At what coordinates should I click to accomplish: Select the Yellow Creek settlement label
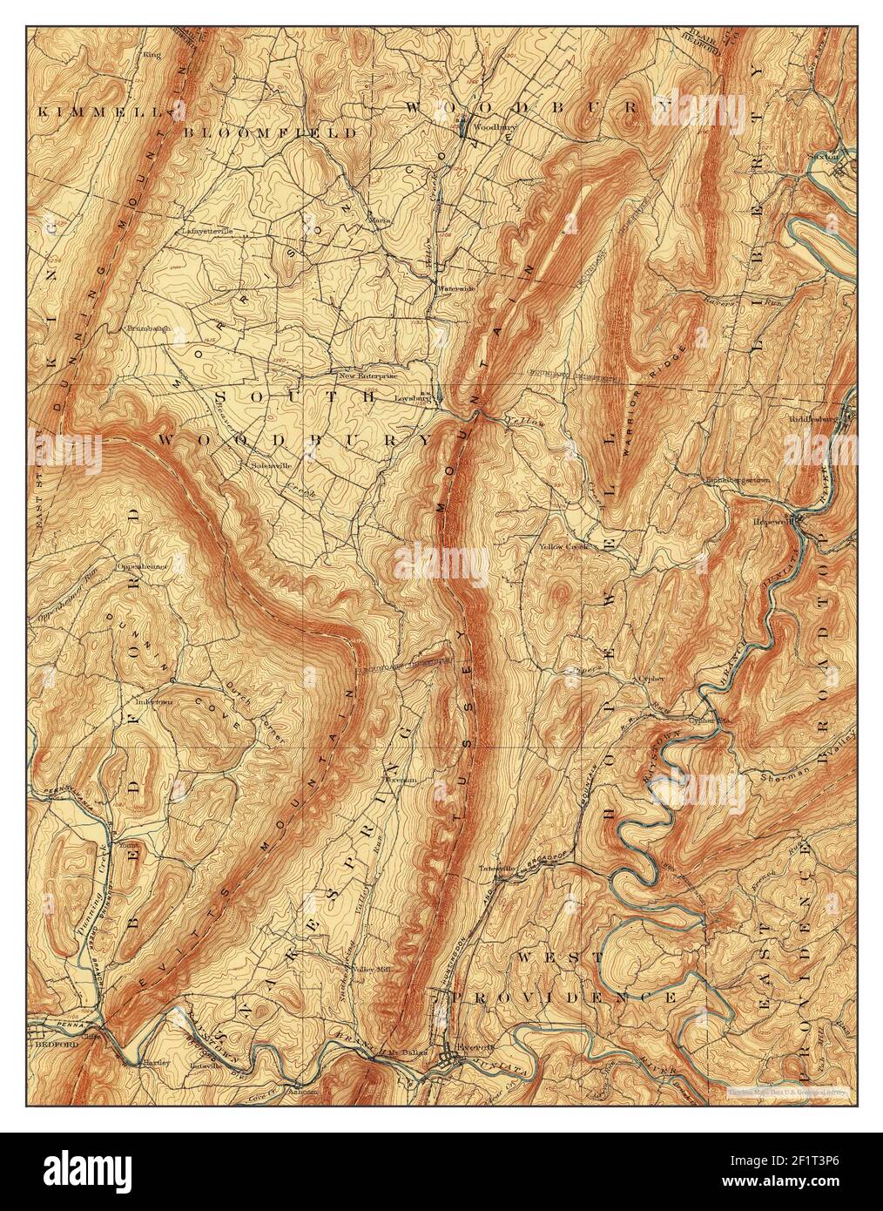(x=563, y=546)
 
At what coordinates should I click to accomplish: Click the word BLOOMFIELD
(x=271, y=133)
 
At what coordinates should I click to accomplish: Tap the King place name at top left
(x=152, y=54)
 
